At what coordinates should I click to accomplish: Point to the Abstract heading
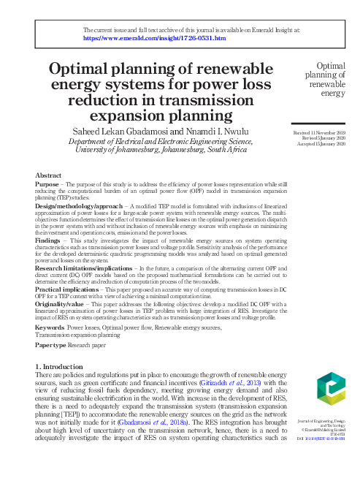click(48, 176)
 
